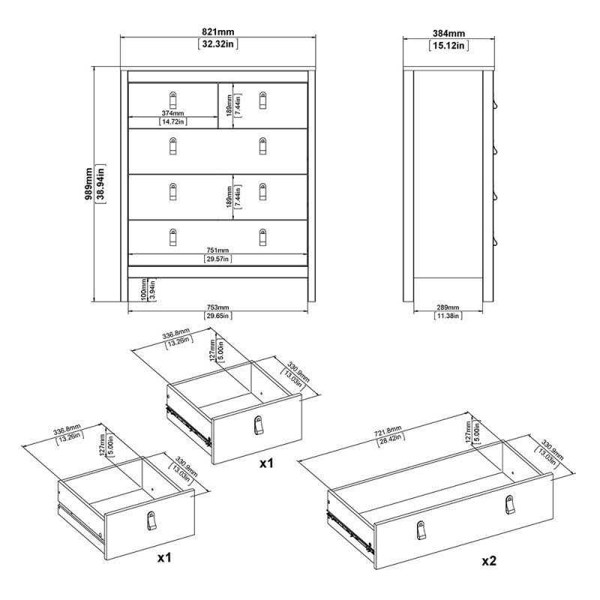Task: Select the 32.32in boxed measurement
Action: [217, 44]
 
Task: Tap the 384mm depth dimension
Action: [449, 33]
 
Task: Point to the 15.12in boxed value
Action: [449, 45]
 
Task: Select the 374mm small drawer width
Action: [173, 113]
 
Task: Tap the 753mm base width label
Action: [217, 307]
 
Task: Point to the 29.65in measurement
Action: [217, 316]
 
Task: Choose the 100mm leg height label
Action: [144, 289]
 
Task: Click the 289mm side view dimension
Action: [448, 307]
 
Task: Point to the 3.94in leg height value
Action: [152, 289]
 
